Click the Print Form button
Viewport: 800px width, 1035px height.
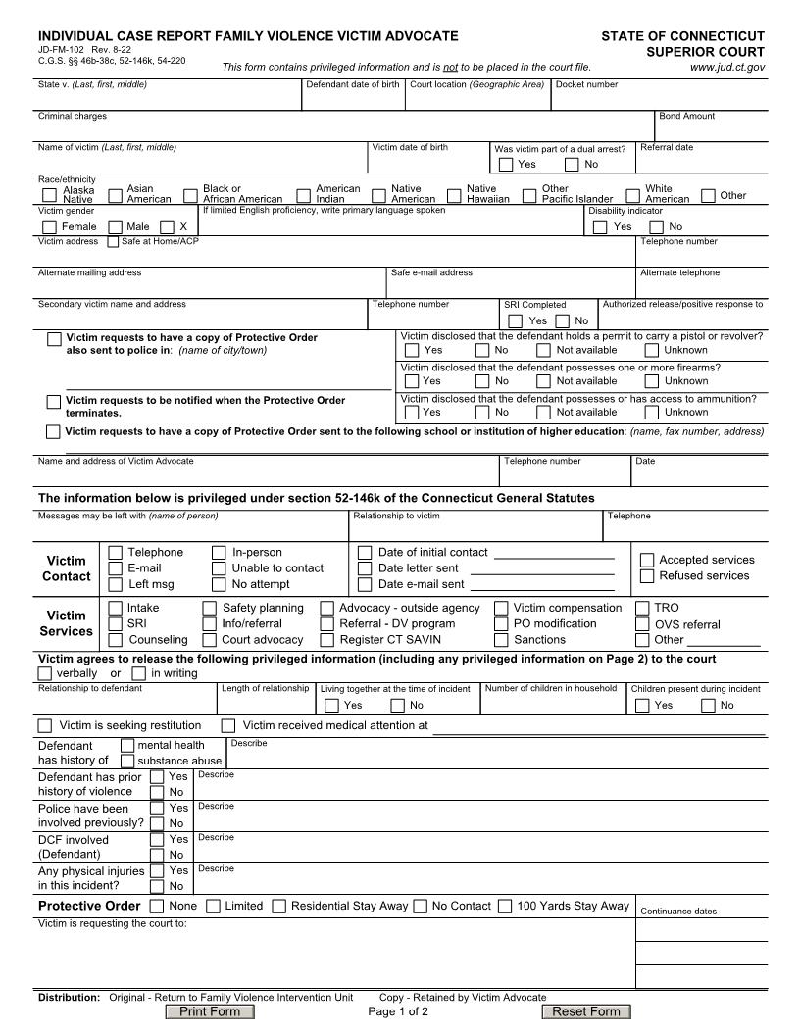pos(210,1011)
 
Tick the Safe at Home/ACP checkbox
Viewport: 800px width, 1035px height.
pos(113,241)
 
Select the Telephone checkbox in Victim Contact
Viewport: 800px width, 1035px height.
pos(116,553)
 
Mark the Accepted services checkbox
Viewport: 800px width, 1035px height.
pos(647,560)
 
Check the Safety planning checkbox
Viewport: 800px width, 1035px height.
pos(210,608)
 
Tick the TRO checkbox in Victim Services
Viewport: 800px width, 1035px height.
pos(643,608)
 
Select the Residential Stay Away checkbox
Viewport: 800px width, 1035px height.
pos(278,906)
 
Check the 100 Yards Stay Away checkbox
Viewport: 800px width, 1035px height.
pos(505,906)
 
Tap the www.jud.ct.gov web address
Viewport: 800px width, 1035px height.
pos(727,68)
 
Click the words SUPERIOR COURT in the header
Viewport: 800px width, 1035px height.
pos(705,52)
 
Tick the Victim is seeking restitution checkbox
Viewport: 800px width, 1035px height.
pos(45,725)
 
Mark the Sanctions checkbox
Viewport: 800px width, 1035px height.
pos(501,640)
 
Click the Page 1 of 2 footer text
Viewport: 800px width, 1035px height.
pos(398,1011)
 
